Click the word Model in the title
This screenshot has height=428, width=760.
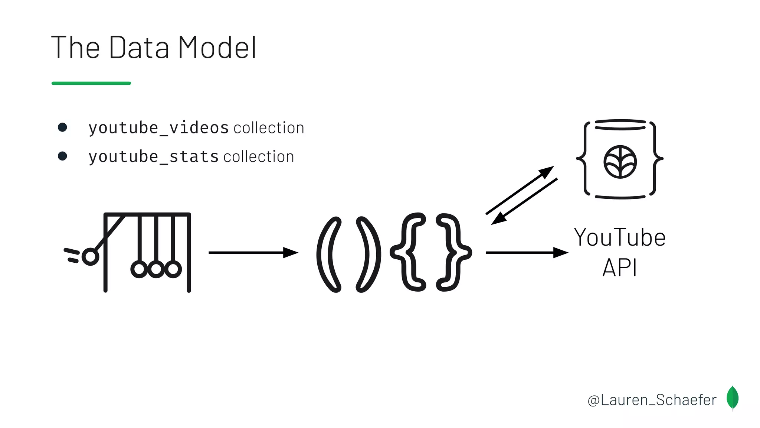[x=217, y=48]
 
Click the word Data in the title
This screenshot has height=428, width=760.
[x=139, y=48]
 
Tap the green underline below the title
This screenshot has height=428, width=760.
[x=91, y=83]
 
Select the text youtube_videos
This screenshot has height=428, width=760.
[x=158, y=128]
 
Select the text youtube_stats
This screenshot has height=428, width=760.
[x=154, y=157]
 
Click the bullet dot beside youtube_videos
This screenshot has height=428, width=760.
[x=62, y=127]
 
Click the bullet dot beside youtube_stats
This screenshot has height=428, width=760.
[x=62, y=156]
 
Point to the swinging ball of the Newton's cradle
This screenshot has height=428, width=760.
[x=90, y=257]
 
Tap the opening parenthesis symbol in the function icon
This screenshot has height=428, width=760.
[x=328, y=254]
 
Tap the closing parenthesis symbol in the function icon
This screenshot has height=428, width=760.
[x=368, y=254]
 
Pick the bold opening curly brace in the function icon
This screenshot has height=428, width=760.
[x=408, y=252]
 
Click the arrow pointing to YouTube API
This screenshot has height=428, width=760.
[x=527, y=253]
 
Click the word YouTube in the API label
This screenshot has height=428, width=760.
[x=620, y=238]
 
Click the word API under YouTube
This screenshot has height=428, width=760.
[x=620, y=267]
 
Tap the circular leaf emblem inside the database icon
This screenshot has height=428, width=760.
[x=620, y=162]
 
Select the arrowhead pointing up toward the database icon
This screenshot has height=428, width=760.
[x=546, y=172]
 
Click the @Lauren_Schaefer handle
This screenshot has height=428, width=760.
[x=652, y=400]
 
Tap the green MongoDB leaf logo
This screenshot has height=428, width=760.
[x=733, y=398]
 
